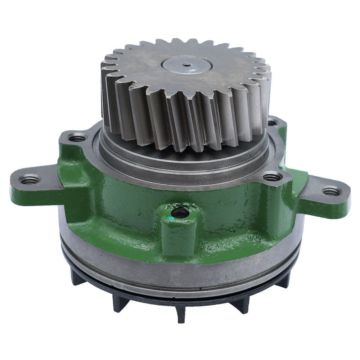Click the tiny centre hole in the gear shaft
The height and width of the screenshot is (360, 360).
[186, 65]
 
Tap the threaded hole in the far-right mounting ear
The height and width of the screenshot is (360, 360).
[332, 192]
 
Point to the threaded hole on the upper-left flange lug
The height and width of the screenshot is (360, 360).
[77, 138]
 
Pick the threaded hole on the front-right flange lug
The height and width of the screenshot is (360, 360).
[272, 177]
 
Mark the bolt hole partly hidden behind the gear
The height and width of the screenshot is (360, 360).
[273, 123]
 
